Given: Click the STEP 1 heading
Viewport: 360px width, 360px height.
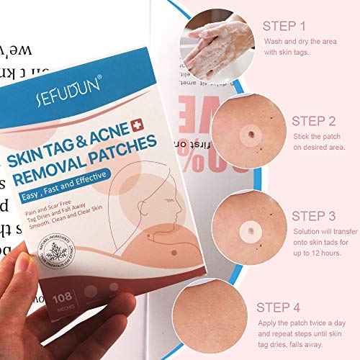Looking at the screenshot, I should click(287, 27).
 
